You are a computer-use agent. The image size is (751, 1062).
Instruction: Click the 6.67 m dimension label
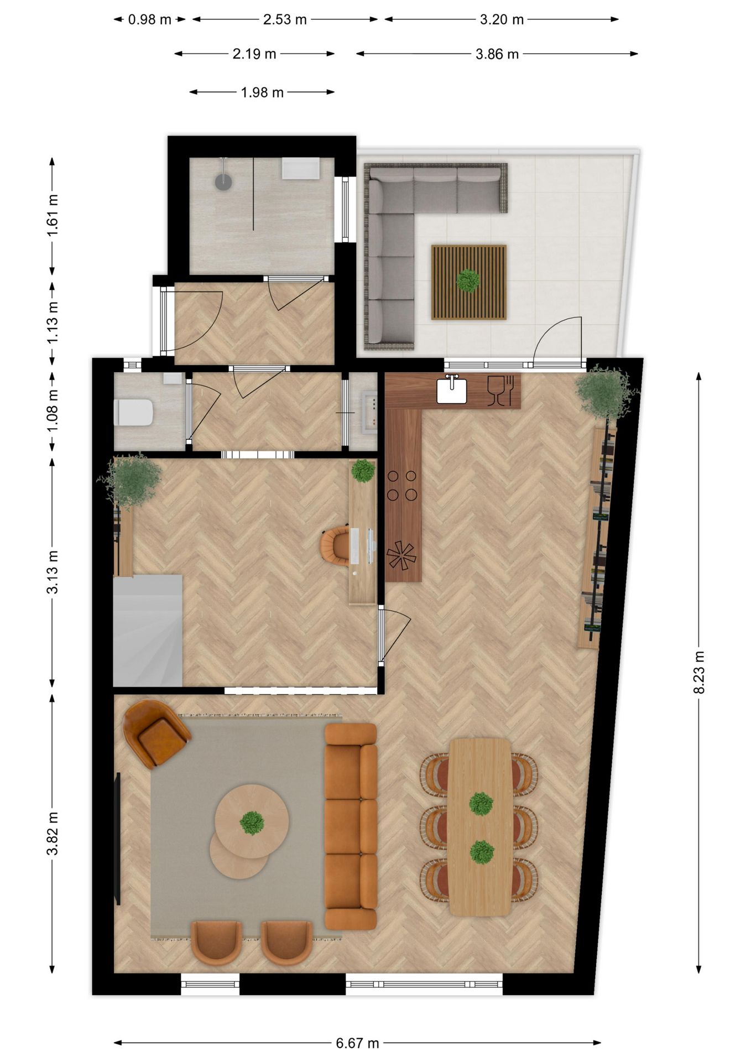click(357, 1043)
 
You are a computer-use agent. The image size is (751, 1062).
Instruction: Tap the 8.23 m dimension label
click(698, 671)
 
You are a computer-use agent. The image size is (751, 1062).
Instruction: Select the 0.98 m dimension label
click(149, 19)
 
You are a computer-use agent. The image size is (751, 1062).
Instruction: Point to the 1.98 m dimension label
click(262, 92)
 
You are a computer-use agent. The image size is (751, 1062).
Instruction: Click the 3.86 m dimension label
click(497, 54)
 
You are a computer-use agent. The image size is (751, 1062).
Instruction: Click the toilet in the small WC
click(134, 413)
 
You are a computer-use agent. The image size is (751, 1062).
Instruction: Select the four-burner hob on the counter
click(402, 485)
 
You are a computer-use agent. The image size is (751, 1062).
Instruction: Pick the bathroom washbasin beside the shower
click(300, 168)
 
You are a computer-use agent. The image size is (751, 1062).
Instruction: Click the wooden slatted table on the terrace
click(468, 282)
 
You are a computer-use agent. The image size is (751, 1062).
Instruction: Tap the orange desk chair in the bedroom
click(335, 546)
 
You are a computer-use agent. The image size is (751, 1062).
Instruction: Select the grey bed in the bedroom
click(148, 631)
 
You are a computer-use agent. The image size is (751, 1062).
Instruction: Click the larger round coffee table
click(252, 821)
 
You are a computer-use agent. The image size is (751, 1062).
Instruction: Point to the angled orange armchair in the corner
click(156, 733)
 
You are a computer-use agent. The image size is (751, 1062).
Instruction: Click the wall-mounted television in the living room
click(117, 838)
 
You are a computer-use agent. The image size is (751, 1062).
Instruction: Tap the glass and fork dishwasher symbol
click(500, 390)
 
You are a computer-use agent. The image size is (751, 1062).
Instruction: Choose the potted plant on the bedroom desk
click(363, 471)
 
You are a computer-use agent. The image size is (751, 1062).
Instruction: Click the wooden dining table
click(480, 826)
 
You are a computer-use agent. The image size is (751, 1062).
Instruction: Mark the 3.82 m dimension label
click(52, 833)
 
